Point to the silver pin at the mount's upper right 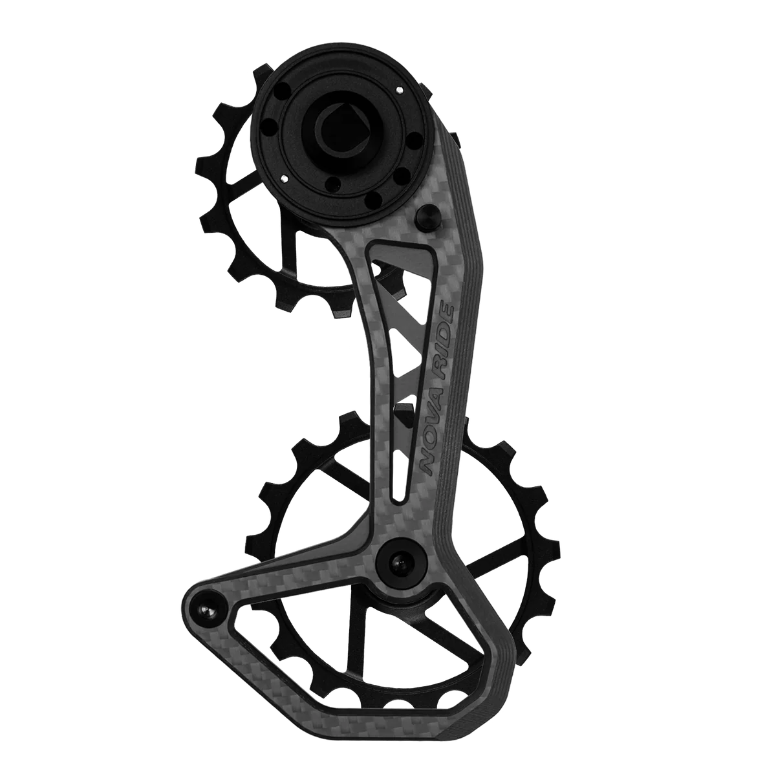click(400, 89)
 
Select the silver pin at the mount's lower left click(285, 178)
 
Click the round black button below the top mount click(428, 218)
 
